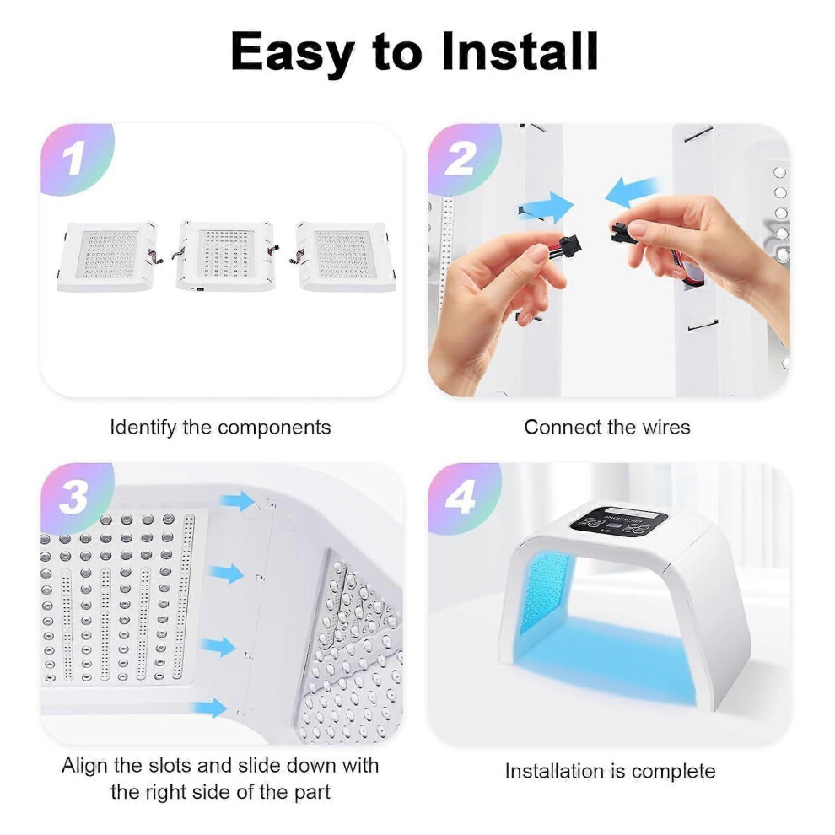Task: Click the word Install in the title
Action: (x=520, y=51)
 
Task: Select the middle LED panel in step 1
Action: (x=225, y=256)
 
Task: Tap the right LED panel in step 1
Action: (x=345, y=256)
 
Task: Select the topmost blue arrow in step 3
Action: (x=238, y=500)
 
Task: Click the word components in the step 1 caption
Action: (x=274, y=428)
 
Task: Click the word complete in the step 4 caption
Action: (x=674, y=772)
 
